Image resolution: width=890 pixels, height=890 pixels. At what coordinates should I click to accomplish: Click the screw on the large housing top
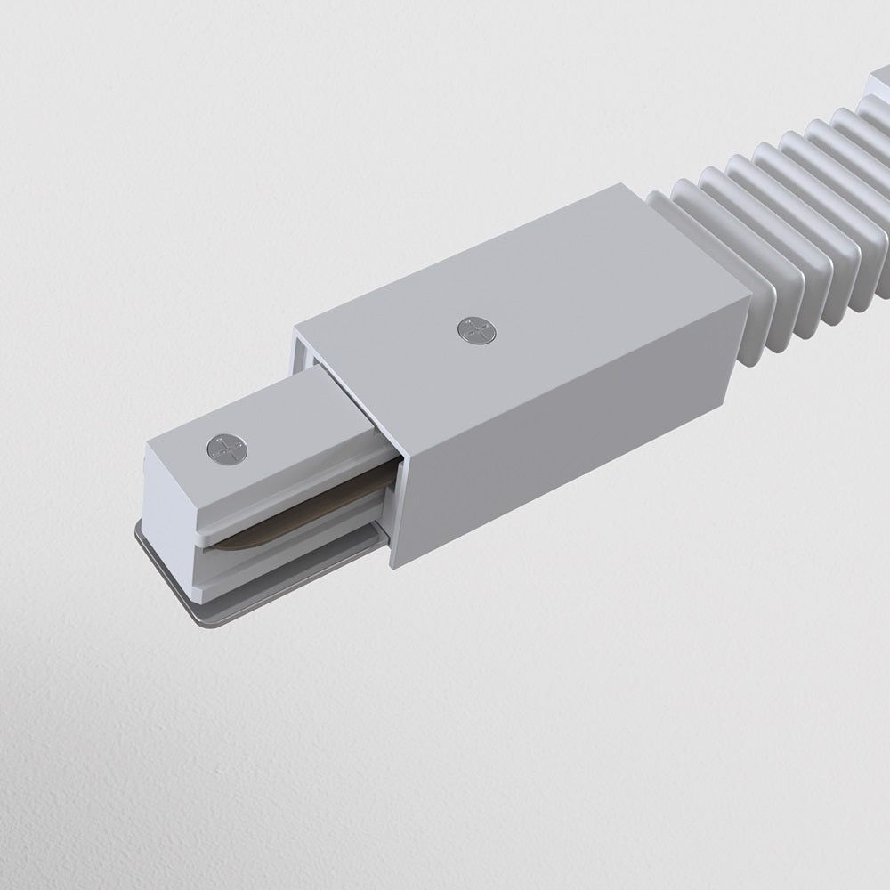[x=477, y=330]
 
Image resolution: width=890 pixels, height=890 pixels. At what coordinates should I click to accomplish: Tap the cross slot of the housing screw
[x=477, y=330]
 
